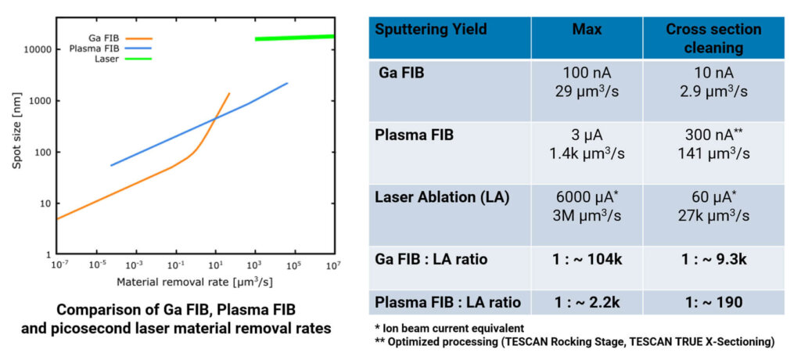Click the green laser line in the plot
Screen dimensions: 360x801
[294, 38]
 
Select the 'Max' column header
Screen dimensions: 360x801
[587, 30]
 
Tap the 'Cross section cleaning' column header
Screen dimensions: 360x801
[713, 38]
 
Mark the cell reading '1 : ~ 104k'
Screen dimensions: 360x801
[587, 259]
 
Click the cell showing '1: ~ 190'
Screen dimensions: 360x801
[713, 301]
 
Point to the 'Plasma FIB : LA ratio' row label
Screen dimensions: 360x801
[449, 301]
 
